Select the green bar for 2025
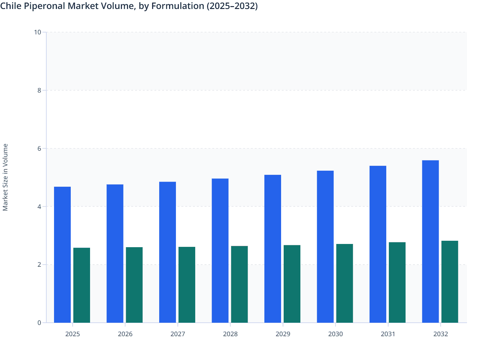[x=82, y=285]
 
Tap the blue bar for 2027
[x=168, y=252]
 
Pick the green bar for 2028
[x=239, y=284]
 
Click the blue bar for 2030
[x=325, y=247]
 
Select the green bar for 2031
[x=397, y=282]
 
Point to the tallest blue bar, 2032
[x=430, y=241]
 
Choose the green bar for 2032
[x=450, y=282]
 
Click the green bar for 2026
[x=134, y=285]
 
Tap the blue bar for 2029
[x=273, y=249]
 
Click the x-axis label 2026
[x=125, y=334]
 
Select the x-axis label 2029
[x=283, y=334]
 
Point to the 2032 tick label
[x=441, y=334]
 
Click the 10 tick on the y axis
[x=38, y=32]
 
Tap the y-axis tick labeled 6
[x=39, y=148]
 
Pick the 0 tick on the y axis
[x=39, y=323]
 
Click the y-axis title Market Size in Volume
[x=5, y=177]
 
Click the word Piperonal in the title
[x=43, y=6]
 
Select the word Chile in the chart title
[x=10, y=6]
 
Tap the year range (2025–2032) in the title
[x=232, y=6]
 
